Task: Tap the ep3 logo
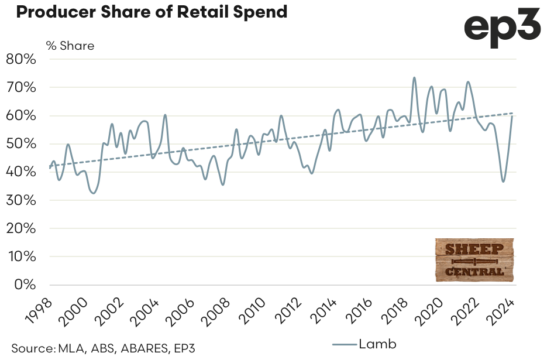[503, 27]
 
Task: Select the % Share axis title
[70, 46]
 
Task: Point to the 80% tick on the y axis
[22, 59]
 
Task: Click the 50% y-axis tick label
[22, 144]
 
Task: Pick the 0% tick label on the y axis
[26, 285]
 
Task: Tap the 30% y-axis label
[22, 200]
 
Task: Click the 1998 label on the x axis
[38, 311]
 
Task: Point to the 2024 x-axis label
[501, 311]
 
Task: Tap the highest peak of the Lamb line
[414, 77]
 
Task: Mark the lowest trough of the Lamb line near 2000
[94, 193]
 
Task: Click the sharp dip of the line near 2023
[503, 181]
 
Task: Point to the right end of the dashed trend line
[514, 113]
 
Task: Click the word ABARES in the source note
[144, 349]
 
